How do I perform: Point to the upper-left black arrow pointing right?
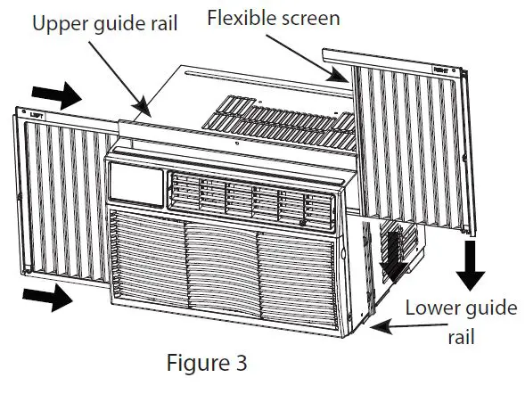point(52,93)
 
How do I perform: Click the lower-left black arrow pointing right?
point(50,299)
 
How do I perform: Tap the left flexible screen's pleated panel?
point(62,196)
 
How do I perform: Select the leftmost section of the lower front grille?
point(147,267)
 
